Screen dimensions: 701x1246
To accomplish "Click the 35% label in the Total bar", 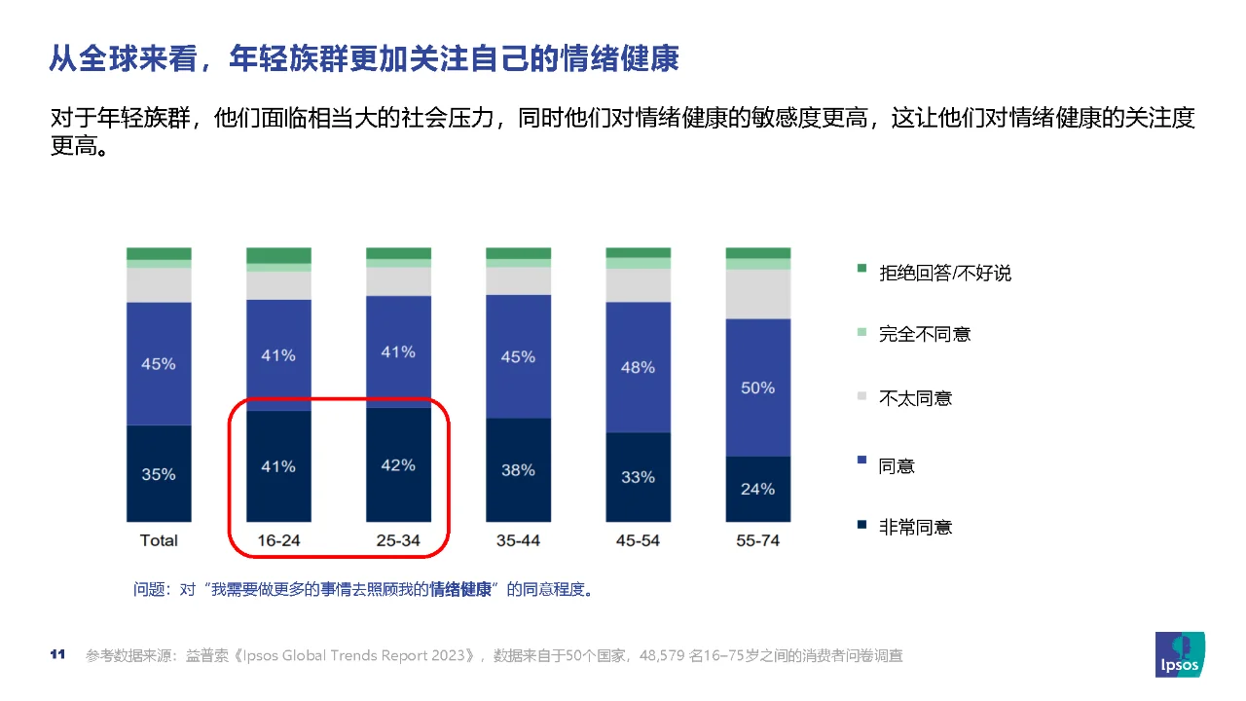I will click(x=159, y=475).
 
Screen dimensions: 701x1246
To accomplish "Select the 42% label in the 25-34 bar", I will click(x=398, y=465).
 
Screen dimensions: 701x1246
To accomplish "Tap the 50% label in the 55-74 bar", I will click(x=757, y=387).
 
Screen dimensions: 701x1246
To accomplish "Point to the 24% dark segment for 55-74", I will click(x=757, y=489).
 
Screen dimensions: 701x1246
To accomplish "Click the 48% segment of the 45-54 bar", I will click(x=638, y=367).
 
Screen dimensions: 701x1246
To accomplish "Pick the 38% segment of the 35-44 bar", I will click(x=518, y=470).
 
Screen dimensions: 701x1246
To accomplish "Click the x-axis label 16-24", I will click(x=277, y=540).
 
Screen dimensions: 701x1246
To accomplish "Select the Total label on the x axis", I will click(x=159, y=540).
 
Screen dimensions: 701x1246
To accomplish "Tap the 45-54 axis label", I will click(x=638, y=540).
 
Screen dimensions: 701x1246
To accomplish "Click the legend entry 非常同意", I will click(x=915, y=528).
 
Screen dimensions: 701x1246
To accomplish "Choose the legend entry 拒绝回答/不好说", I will click(x=944, y=274).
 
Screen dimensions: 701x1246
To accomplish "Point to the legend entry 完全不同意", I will click(x=925, y=334).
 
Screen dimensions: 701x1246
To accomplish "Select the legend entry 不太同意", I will click(x=915, y=398).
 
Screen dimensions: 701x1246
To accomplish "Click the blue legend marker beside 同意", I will click(x=861, y=463).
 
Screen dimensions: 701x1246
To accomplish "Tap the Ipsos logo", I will click(x=1179, y=655).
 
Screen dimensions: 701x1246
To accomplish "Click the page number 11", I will click(x=56, y=654).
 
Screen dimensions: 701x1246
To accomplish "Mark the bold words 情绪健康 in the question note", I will click(x=460, y=590).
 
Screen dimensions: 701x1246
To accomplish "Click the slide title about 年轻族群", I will click(x=364, y=58).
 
